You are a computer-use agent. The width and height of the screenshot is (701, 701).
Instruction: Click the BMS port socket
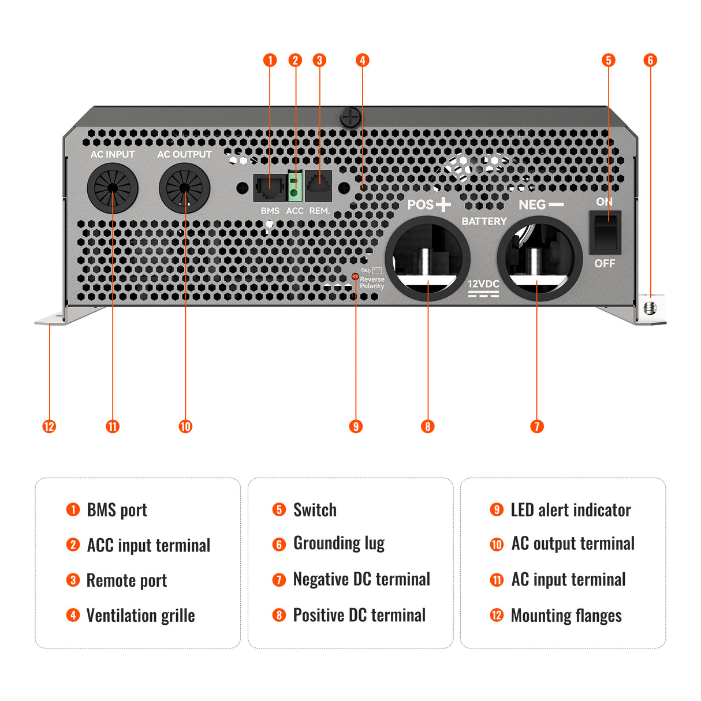270,187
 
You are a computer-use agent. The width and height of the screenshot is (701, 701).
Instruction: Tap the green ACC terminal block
295,187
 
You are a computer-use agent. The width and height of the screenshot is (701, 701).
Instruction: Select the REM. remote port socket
318,186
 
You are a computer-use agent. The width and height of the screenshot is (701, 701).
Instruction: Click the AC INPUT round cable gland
113,188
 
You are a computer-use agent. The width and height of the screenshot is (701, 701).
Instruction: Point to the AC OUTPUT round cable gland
185,188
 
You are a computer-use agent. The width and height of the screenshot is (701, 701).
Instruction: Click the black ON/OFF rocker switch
605,232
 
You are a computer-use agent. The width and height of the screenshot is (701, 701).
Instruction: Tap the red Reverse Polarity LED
355,277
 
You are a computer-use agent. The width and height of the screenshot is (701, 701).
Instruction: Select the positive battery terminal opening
427,258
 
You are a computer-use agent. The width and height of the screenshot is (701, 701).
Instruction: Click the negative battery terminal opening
539,258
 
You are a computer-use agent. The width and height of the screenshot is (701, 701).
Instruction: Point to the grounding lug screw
651,308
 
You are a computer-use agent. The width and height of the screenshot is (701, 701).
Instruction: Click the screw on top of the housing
350,118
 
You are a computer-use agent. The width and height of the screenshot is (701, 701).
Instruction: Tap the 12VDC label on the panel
483,284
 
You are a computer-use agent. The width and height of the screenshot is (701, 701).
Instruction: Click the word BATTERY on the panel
484,221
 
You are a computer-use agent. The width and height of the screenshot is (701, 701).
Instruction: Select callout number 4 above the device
362,60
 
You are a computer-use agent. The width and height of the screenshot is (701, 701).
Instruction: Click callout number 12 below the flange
49,427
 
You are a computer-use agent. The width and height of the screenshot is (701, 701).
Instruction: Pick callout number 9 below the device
356,427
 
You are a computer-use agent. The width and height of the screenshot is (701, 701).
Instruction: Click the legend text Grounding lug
339,543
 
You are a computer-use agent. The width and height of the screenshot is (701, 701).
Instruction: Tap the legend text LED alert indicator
571,510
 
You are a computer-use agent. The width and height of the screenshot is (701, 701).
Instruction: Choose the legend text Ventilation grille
140,616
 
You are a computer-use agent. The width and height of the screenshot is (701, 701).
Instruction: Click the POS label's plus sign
443,204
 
